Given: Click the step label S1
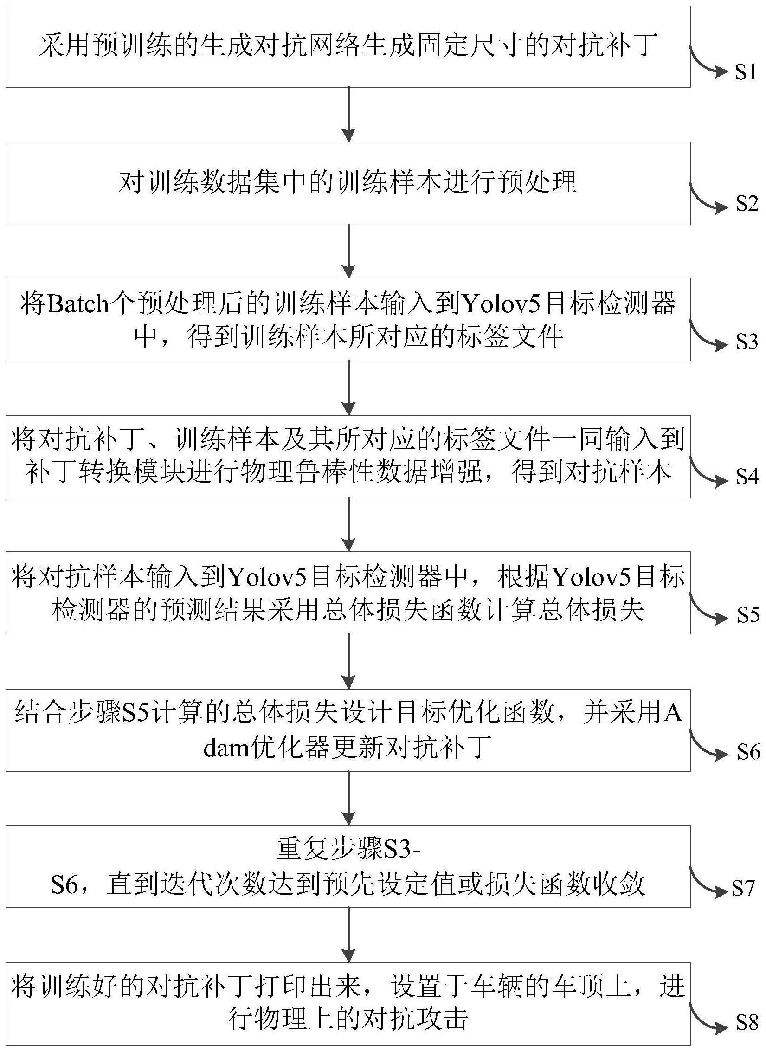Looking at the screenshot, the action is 746,72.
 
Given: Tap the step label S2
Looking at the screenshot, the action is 747,204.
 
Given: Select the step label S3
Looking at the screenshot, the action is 747,342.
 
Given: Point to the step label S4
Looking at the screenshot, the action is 747,478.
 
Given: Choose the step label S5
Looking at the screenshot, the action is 748,615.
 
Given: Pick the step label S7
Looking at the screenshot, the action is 744,888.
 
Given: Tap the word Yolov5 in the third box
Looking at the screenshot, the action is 502,305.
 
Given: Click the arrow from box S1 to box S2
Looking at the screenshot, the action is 348,114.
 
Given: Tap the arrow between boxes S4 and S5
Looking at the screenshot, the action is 348,524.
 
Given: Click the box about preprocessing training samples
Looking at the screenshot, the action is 348,183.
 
